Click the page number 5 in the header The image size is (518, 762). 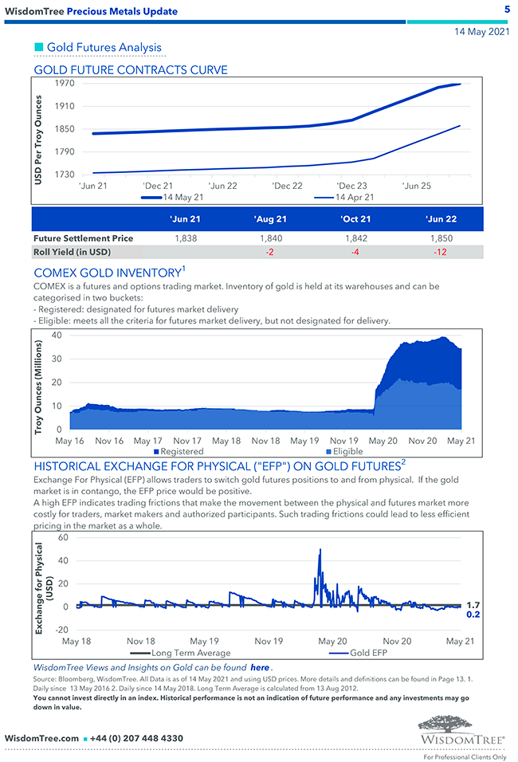507,10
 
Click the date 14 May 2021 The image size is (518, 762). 481,33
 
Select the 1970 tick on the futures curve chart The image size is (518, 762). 65,83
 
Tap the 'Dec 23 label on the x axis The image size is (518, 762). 351,186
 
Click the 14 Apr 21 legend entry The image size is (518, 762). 355,197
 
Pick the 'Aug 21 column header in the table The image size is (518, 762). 270,218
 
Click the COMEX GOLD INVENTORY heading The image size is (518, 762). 107,273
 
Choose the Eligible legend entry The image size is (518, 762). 344,451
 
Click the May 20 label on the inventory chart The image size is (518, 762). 383,441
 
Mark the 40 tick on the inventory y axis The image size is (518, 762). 56,335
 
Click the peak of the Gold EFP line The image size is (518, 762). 320,549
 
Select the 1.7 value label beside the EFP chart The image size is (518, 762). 473,605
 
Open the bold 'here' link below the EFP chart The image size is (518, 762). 259,667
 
